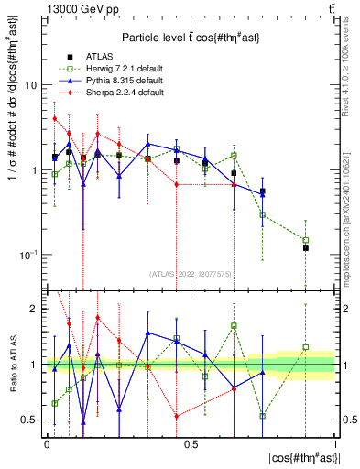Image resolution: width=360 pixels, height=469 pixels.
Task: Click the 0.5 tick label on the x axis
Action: coord(190,442)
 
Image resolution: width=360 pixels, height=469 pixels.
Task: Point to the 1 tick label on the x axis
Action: coord(334,442)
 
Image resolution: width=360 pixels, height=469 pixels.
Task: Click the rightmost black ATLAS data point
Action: coord(306,248)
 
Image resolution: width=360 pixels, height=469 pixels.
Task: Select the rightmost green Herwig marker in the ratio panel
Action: coord(306,347)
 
